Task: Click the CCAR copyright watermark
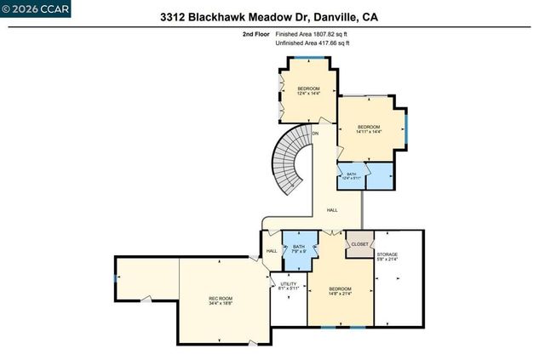(37, 9)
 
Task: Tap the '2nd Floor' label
(255, 34)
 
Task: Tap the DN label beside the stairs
(315, 134)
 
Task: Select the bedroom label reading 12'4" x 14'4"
(308, 92)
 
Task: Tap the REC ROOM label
(221, 300)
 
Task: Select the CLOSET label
(359, 244)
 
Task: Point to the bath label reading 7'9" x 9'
(298, 249)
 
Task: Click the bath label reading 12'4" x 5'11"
(352, 176)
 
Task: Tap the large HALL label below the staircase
(332, 209)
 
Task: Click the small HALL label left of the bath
(272, 251)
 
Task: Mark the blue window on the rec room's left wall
(115, 278)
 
